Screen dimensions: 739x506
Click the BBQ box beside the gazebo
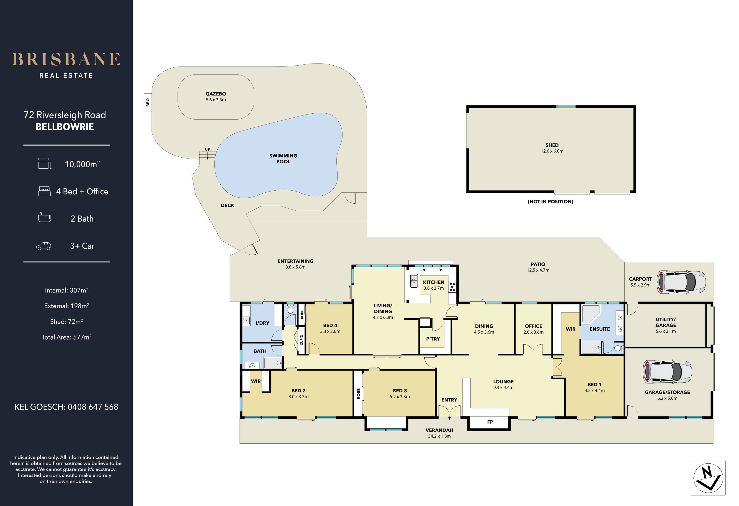tap(147, 102)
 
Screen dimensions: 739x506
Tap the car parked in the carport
tap(681, 282)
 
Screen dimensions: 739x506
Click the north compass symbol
tap(708, 478)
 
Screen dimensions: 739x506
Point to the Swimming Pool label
tap(283, 158)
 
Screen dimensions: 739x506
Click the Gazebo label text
tap(216, 94)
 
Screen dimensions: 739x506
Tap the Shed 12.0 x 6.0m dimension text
tap(552, 151)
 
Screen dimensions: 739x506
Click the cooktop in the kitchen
tap(452, 287)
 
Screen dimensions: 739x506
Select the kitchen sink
tap(414, 281)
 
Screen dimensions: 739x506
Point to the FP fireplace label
tap(490, 422)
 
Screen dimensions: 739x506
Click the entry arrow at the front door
tap(449, 419)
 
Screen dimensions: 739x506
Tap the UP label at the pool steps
tap(207, 149)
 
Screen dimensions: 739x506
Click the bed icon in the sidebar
tap(44, 191)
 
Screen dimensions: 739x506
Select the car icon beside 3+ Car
tap(44, 246)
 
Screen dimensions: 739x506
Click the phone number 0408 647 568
tap(93, 407)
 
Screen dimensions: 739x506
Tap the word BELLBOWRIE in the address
tap(65, 127)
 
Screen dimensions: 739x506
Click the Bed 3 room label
tap(400, 391)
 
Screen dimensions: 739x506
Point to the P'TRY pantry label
tap(433, 339)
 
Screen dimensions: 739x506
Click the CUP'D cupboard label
tap(301, 340)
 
